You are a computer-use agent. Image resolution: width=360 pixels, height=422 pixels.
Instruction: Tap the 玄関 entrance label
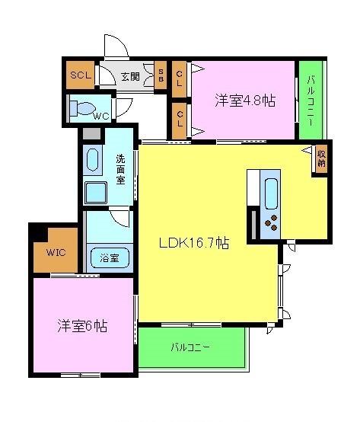coord(129,76)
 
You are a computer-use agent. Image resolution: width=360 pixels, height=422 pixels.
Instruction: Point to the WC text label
coord(102,117)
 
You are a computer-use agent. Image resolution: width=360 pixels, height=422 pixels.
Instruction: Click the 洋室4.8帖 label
coord(244,100)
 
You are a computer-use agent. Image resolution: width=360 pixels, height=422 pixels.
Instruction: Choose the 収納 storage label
coord(321,158)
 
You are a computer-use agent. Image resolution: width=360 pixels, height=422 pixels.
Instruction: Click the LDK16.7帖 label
coord(193,243)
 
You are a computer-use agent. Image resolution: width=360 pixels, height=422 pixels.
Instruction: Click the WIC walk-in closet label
coord(55,252)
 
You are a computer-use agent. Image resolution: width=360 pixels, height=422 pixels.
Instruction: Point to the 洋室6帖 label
coord(81,326)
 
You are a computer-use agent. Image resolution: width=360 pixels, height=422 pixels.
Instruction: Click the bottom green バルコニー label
coord(190,348)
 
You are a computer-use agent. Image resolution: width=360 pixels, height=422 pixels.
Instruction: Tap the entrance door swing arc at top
coord(115,45)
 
